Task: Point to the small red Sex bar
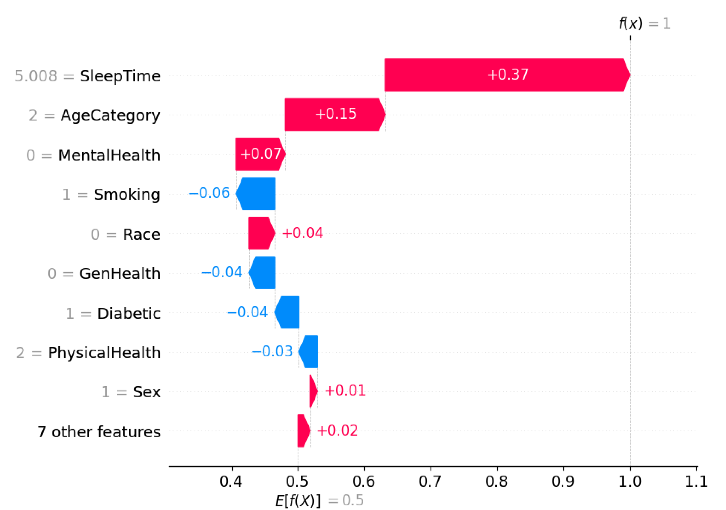click(313, 391)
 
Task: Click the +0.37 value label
click(507, 75)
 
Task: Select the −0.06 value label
click(209, 193)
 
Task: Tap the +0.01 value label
click(345, 391)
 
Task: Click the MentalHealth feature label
click(109, 155)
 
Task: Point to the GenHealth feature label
click(120, 274)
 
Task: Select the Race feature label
click(141, 234)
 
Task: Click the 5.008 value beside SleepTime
click(36, 76)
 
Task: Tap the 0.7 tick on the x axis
click(430, 482)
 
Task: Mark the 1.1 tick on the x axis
click(696, 482)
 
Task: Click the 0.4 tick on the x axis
click(231, 482)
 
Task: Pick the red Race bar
click(260, 233)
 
